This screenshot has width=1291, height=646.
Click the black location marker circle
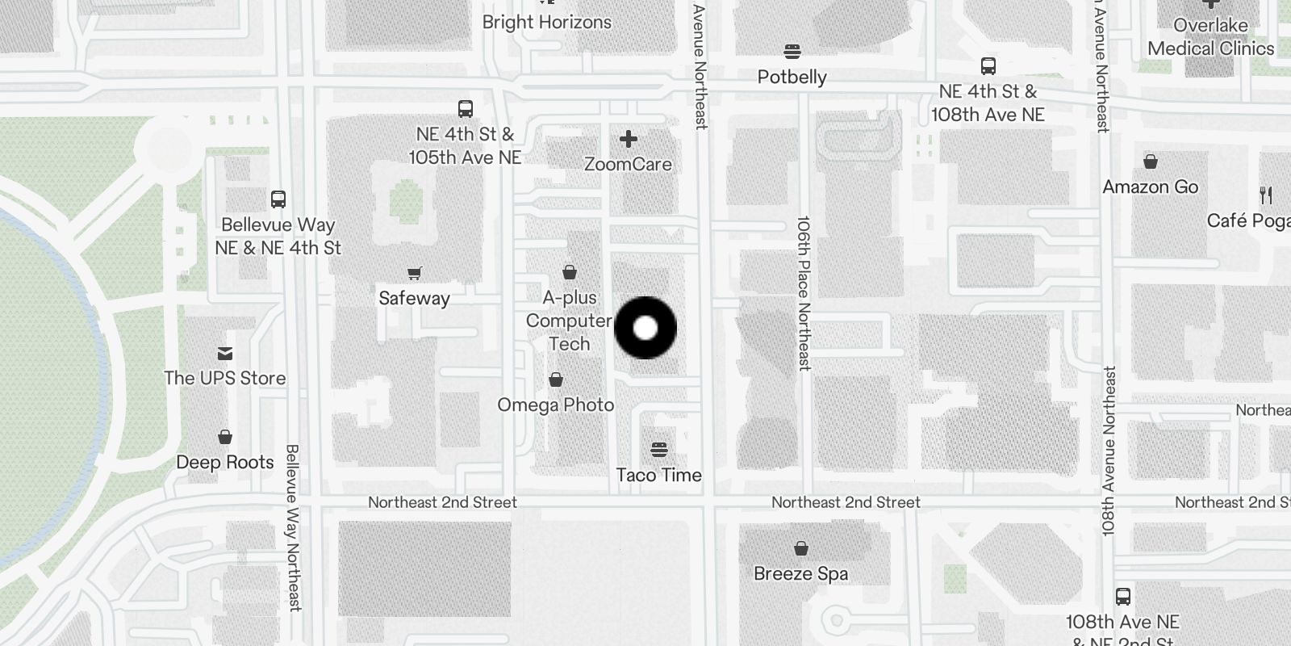tap(645, 328)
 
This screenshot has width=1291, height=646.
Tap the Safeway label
tap(414, 298)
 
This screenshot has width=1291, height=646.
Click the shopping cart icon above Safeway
tap(414, 274)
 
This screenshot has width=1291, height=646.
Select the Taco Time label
tap(658, 475)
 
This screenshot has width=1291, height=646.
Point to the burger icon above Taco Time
tap(659, 449)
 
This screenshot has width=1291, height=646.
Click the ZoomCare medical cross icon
tap(628, 140)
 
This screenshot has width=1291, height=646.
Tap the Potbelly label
tap(792, 77)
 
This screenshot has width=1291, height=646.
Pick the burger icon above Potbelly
tap(792, 52)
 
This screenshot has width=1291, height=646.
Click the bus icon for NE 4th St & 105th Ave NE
tap(465, 108)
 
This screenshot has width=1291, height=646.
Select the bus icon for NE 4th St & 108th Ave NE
tap(988, 66)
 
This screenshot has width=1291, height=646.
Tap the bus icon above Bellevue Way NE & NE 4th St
tap(278, 199)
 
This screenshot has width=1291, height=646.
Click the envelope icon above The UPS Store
tap(225, 353)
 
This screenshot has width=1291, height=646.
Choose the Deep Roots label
tap(225, 462)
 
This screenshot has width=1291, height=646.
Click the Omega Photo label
tap(555, 405)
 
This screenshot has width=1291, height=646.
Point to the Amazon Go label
tap(1150, 187)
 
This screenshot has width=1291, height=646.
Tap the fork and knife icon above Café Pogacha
tap(1265, 195)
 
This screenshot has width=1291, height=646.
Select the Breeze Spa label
tap(800, 573)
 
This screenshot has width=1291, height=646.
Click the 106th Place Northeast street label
tap(803, 292)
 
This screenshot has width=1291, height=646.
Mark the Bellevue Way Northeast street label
tap(293, 526)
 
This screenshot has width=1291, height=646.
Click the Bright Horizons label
tap(546, 22)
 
